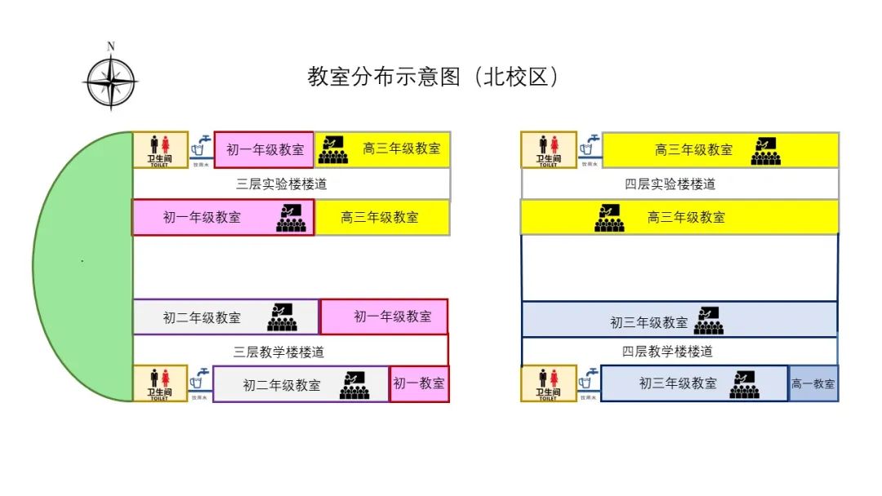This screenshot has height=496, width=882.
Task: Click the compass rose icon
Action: coord(110,82)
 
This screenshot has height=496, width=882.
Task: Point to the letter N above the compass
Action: coord(111,46)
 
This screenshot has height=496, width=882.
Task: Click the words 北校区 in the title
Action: coord(519,77)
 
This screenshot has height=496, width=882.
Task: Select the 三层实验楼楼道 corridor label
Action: coord(282,184)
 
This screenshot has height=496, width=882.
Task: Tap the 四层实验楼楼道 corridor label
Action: coord(670,184)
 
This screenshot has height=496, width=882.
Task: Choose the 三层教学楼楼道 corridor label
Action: coord(279,352)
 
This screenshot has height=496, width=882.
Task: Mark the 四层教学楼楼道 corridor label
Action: coord(667,352)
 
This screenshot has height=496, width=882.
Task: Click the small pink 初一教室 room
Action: coord(419,383)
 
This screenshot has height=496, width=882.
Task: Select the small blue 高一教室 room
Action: coord(813,383)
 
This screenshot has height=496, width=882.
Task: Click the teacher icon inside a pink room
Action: coord(291,218)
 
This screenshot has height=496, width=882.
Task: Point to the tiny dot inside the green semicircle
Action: coord(82,261)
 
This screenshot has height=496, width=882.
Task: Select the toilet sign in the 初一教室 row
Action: coord(160,383)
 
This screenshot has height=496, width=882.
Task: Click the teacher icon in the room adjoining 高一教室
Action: coord(744,384)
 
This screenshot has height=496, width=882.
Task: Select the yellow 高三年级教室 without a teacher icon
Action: coord(381,218)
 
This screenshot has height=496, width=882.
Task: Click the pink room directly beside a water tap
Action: coord(264,150)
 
